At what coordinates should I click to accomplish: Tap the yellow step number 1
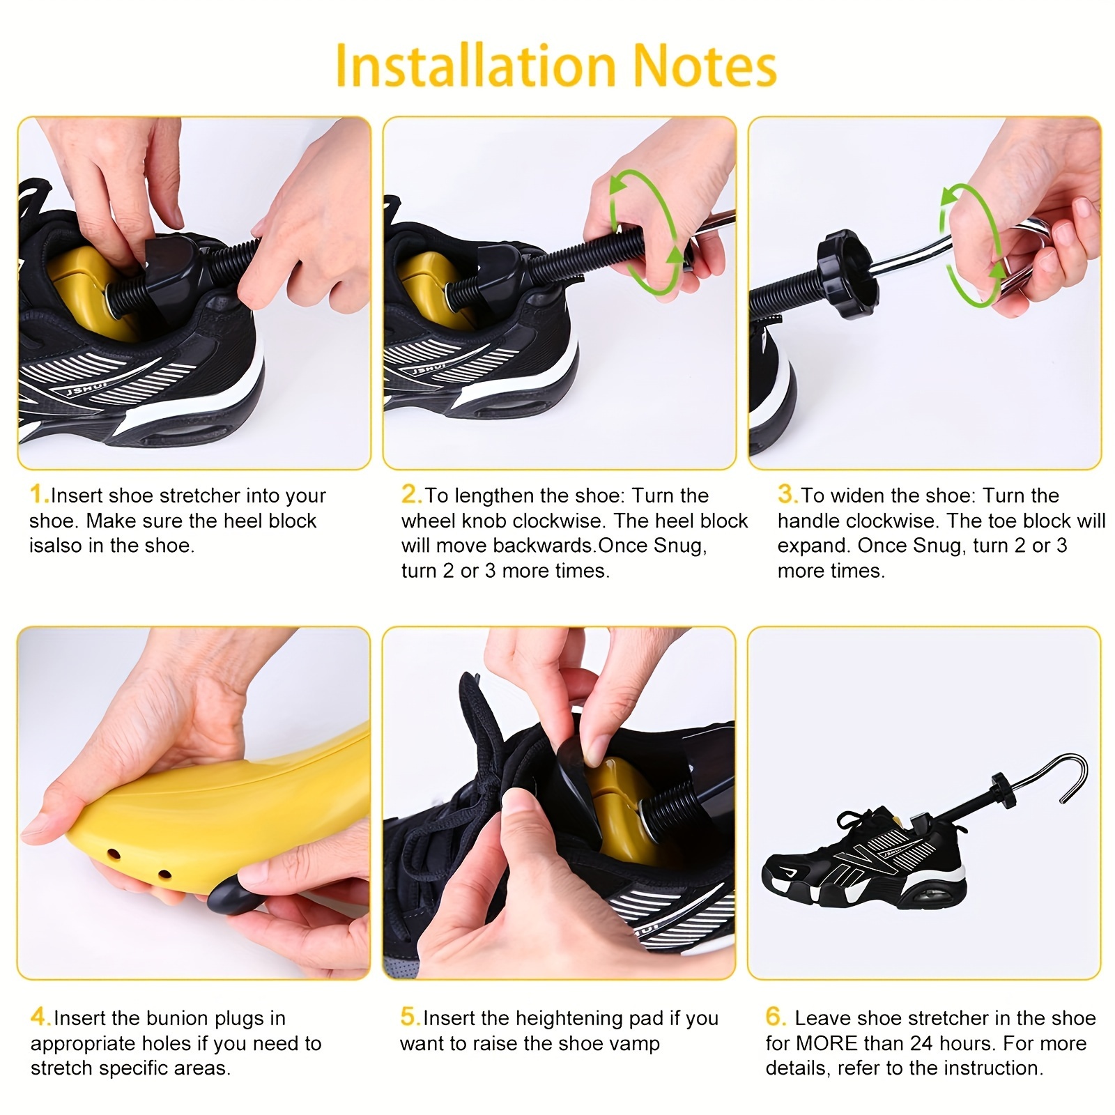[x=38, y=495]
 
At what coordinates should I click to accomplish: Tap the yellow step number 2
[x=410, y=495]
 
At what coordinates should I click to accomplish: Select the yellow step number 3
[x=786, y=495]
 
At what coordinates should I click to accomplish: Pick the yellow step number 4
[x=39, y=1017]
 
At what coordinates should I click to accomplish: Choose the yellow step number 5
[x=409, y=1017]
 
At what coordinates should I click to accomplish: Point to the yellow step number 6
[x=775, y=1017]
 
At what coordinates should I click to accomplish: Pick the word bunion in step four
[x=178, y=1018]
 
